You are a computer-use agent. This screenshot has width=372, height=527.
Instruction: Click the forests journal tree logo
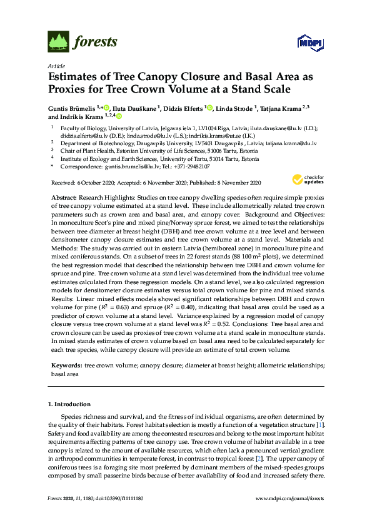(x=58, y=42)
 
